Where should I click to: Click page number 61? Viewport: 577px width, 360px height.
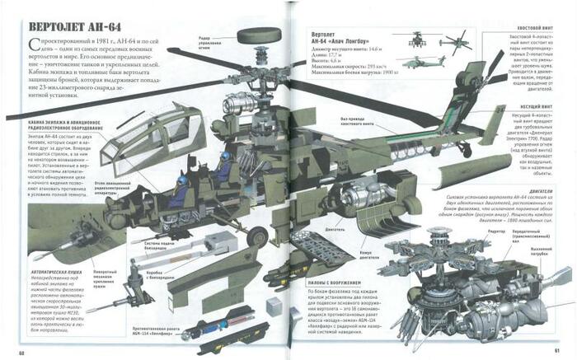coord(557,353)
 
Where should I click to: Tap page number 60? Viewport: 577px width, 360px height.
coord(22,353)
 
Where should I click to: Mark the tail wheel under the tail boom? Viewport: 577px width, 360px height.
coord(467,151)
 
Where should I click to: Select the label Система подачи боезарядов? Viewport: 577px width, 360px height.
coord(161,244)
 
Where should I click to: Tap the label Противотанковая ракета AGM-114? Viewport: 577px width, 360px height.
coord(139,331)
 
